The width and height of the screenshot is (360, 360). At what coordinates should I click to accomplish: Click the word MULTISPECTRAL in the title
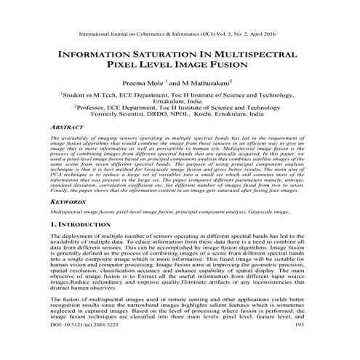pyautogui.click(x=252, y=55)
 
